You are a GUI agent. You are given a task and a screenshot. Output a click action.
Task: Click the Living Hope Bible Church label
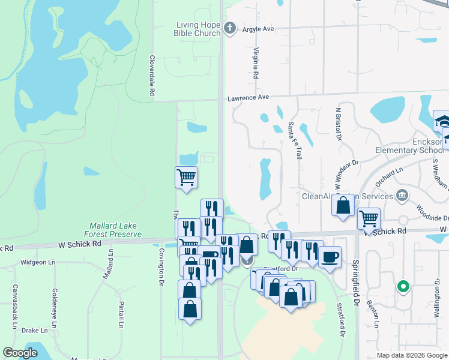(198, 29)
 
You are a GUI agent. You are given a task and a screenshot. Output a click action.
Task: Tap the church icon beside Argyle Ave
(229, 28)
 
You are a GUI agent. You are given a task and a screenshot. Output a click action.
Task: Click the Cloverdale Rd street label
(152, 76)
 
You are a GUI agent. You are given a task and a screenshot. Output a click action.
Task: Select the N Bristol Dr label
(339, 125)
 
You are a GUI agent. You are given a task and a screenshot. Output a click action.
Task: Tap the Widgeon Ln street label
(37, 262)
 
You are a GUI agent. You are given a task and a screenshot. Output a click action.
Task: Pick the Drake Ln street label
(34, 330)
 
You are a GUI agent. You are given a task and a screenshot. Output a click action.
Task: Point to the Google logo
(20, 353)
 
